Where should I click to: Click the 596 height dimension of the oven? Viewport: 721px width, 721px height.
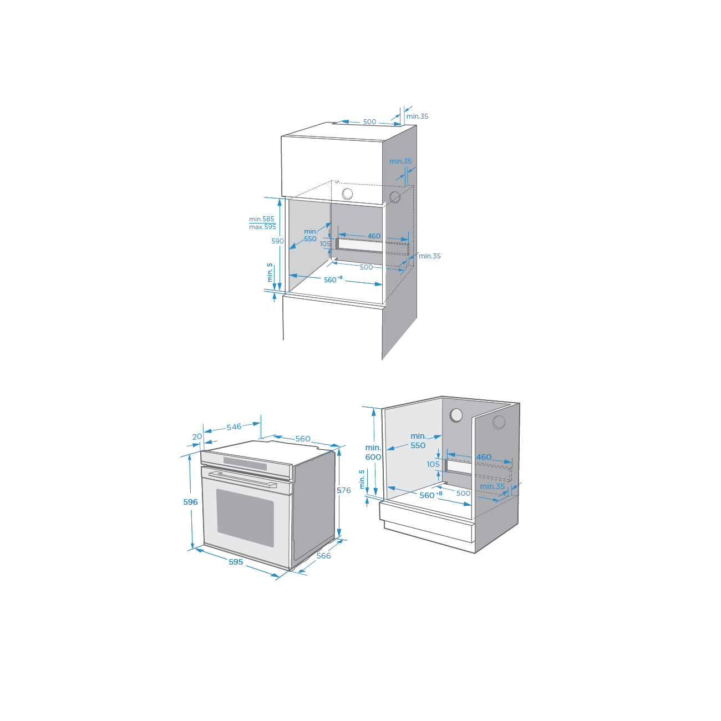point(190,502)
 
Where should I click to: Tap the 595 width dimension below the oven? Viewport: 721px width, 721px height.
point(236,562)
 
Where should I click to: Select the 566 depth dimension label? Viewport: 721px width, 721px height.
point(323,556)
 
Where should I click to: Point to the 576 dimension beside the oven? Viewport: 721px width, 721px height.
point(343,490)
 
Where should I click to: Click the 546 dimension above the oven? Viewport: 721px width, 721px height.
point(234,426)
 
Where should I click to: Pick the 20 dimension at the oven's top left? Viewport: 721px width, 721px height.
point(197,436)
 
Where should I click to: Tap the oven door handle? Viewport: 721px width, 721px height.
point(242,479)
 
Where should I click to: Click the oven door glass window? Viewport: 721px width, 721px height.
point(245,518)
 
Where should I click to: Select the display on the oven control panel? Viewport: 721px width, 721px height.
point(245,464)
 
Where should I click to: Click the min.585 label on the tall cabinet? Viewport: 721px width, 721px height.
point(262,219)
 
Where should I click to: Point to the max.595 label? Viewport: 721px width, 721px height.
point(262,227)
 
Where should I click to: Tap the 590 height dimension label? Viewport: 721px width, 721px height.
point(277,241)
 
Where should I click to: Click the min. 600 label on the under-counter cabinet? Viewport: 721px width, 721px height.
point(373,452)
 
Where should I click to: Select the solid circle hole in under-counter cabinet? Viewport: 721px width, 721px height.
point(456,415)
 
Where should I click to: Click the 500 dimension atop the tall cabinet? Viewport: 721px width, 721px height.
point(369,121)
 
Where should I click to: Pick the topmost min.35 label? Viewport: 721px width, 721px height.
point(417,116)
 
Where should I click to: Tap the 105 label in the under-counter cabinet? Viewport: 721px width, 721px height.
point(433,464)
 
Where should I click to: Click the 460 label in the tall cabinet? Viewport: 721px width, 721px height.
point(374,236)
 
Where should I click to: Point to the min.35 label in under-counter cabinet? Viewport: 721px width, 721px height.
point(492,486)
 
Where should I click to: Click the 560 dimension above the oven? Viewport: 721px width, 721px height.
point(303,439)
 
